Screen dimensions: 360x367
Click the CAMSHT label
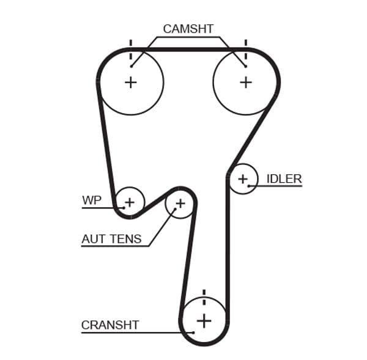[x=188, y=29]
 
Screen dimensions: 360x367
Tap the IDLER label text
[x=284, y=178]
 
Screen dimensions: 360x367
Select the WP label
[x=91, y=200]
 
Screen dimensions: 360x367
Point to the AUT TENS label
[x=111, y=239]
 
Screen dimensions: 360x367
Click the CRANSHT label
[x=110, y=325]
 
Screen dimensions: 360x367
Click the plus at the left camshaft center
[x=130, y=82]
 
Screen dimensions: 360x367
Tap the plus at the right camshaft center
[x=245, y=82]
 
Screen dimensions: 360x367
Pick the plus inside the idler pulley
[x=243, y=179]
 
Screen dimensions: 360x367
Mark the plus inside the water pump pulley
[x=129, y=202]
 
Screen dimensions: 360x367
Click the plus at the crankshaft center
[x=204, y=320]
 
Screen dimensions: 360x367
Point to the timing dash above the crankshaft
[x=204, y=294]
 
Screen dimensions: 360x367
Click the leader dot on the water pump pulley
[x=124, y=208]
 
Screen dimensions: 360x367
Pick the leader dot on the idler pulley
[x=249, y=185]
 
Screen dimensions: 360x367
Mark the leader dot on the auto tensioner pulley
[x=174, y=209]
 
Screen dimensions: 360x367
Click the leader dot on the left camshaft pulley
[x=132, y=66]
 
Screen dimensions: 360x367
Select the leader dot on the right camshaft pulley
[x=245, y=66]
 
